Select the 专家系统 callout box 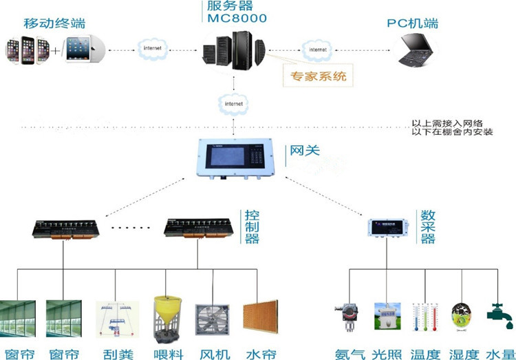pos(319,76)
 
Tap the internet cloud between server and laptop pos(317,50)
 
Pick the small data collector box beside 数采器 pos(387,226)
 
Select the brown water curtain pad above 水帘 pos(260,317)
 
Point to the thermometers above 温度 pos(425,320)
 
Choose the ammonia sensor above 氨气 pos(348,319)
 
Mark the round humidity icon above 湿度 pos(462,319)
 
